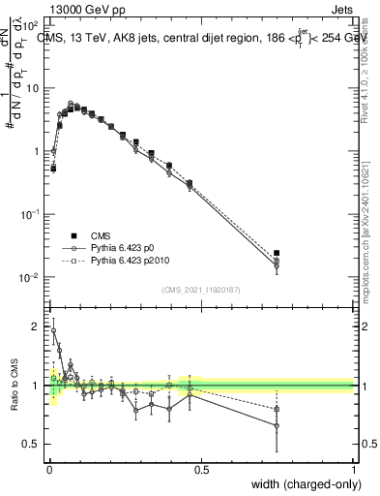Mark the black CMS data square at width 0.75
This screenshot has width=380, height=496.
[x=277, y=254]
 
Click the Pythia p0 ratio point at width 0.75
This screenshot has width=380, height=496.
[x=277, y=425]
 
